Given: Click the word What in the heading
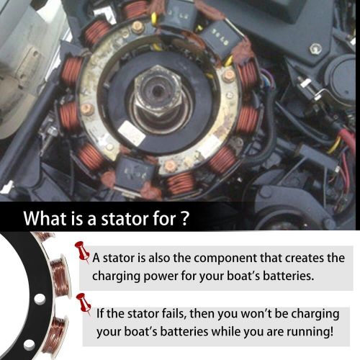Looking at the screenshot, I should (46, 217).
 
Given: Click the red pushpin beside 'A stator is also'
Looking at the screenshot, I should (82, 251).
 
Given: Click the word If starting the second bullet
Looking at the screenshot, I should (102, 314).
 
